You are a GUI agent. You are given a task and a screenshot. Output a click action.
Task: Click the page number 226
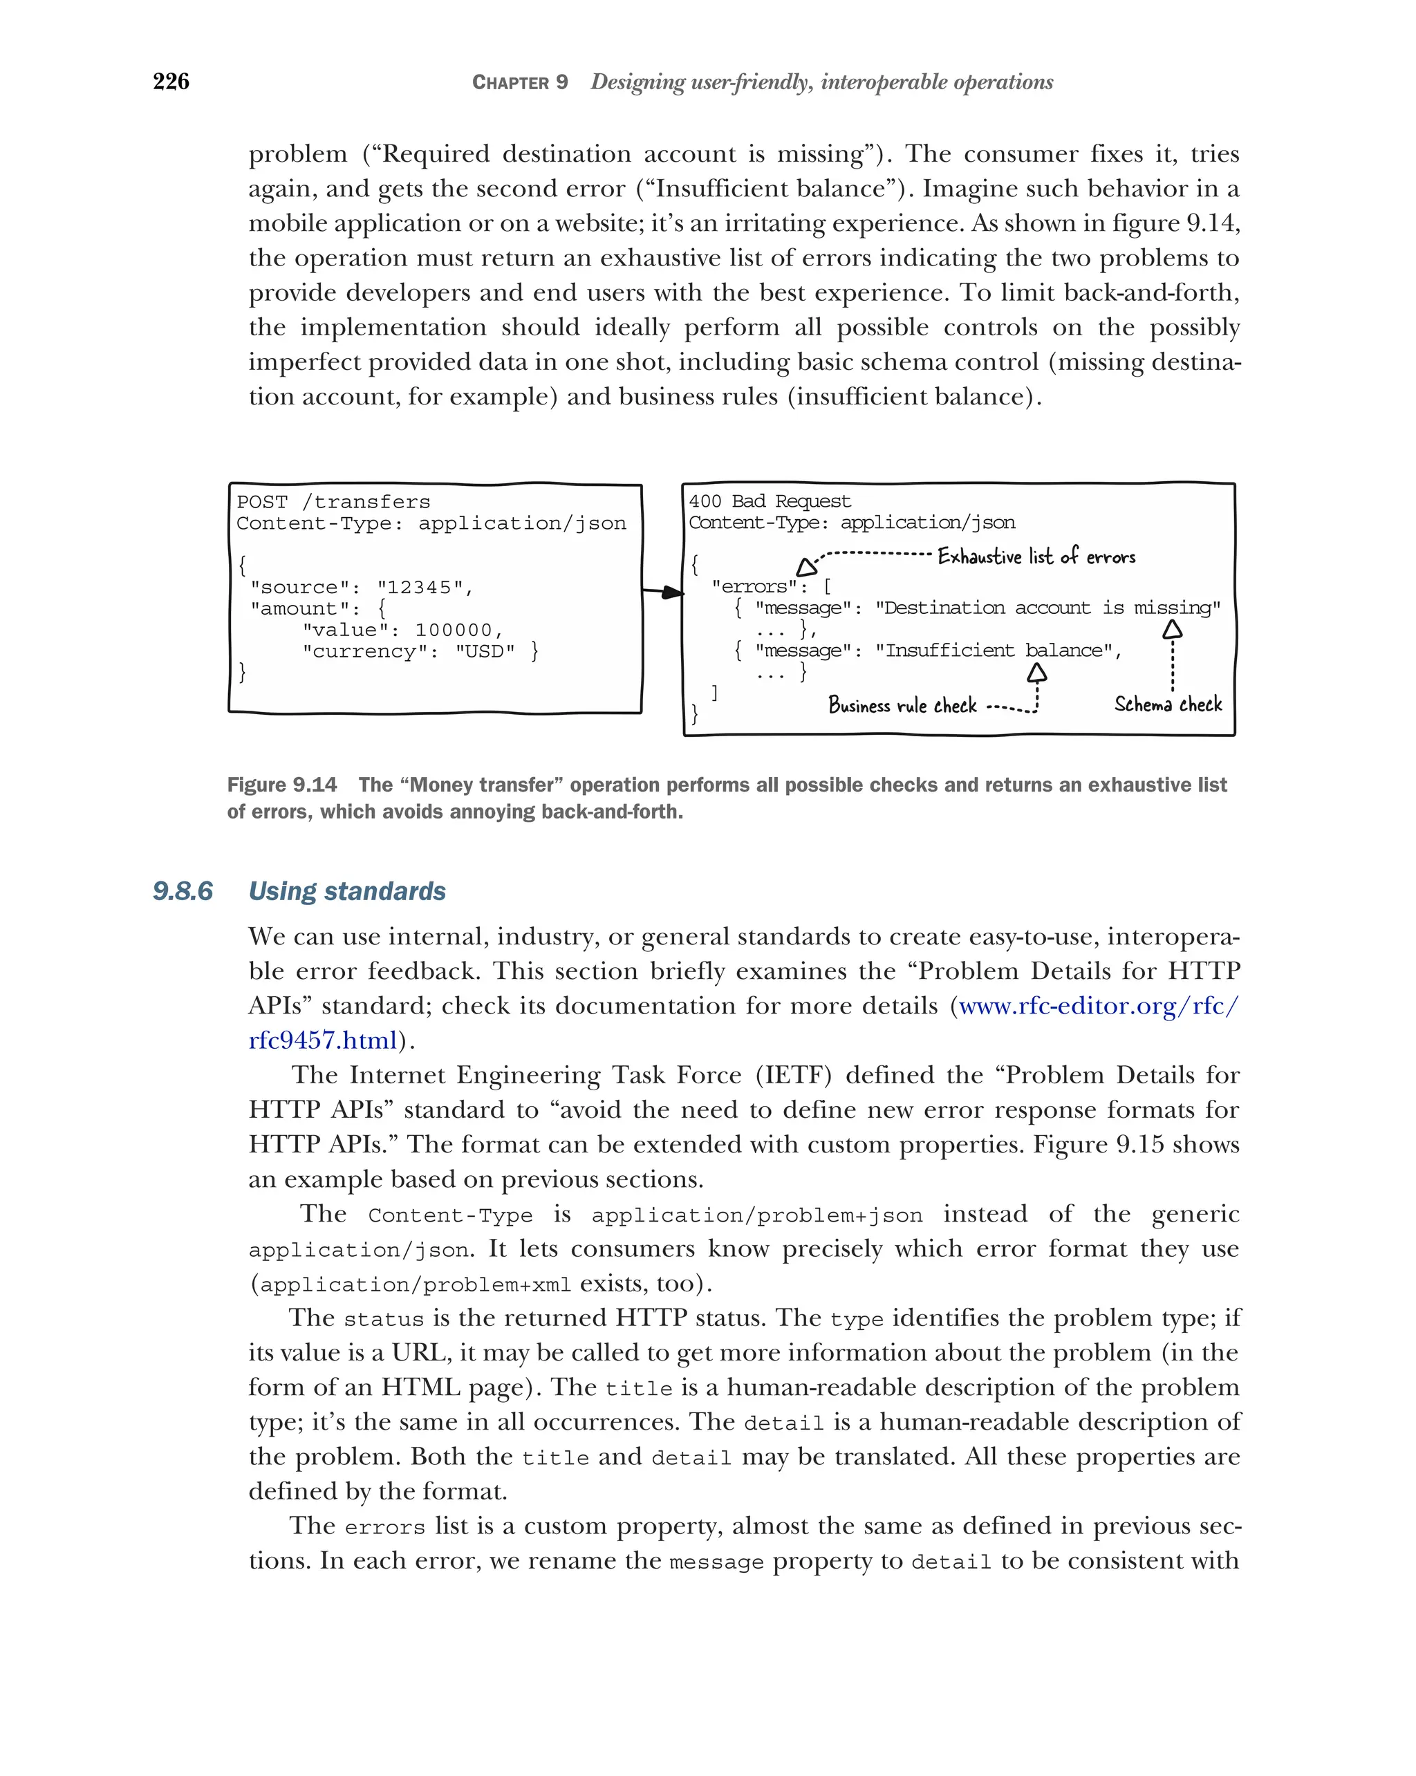(171, 82)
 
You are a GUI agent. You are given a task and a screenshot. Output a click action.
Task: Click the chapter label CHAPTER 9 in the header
(519, 82)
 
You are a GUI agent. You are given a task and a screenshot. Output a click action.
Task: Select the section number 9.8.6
(182, 890)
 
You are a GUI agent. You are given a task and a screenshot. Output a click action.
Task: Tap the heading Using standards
(347, 890)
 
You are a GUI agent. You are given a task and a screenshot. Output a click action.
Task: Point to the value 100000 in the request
(453, 630)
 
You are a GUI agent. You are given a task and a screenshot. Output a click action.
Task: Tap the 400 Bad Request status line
(769, 501)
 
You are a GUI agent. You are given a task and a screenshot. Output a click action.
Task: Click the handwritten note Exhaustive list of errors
(1036, 557)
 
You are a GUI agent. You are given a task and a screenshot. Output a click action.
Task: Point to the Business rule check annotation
(902, 705)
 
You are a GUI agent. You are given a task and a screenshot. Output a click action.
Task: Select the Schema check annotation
(1167, 704)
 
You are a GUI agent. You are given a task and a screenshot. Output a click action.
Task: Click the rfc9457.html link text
(323, 1040)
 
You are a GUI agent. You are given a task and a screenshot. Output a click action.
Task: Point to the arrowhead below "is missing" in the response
(1171, 630)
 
